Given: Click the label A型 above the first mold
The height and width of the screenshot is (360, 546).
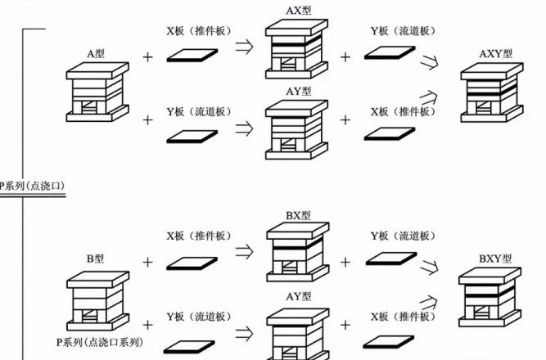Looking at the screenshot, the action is point(96,54).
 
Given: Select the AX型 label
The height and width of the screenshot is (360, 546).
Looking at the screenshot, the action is point(299,11).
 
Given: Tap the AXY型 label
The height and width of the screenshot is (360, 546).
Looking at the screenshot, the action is point(496,54).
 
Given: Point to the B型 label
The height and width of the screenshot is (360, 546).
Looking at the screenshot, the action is point(95,259).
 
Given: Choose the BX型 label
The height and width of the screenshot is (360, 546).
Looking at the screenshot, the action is point(299,215).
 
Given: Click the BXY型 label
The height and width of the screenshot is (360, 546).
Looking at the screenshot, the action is point(495,259).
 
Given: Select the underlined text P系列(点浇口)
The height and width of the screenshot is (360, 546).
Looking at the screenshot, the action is point(32,186).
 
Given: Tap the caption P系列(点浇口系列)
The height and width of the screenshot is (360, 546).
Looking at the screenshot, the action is point(100,342).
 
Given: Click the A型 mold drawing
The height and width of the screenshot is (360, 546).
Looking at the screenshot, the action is point(97,92).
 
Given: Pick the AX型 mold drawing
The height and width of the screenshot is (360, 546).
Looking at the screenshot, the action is point(296,49).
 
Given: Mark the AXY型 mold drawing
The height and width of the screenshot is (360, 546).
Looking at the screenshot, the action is point(492,92).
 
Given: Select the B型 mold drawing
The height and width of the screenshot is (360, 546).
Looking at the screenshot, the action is point(98,301).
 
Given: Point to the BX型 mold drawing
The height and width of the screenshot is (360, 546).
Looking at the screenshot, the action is point(298,252).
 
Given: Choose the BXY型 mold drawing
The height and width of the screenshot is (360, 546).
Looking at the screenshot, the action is point(490,297).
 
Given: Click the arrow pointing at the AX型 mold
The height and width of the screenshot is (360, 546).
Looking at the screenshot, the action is point(245,47).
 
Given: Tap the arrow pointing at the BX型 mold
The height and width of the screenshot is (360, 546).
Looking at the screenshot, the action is point(245,252).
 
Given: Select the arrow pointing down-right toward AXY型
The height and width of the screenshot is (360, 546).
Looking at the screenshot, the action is point(429,62).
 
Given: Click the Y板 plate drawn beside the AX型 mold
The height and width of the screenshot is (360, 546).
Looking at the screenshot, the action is point(390,52).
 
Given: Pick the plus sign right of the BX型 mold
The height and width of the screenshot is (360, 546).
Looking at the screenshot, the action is point(345,262).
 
